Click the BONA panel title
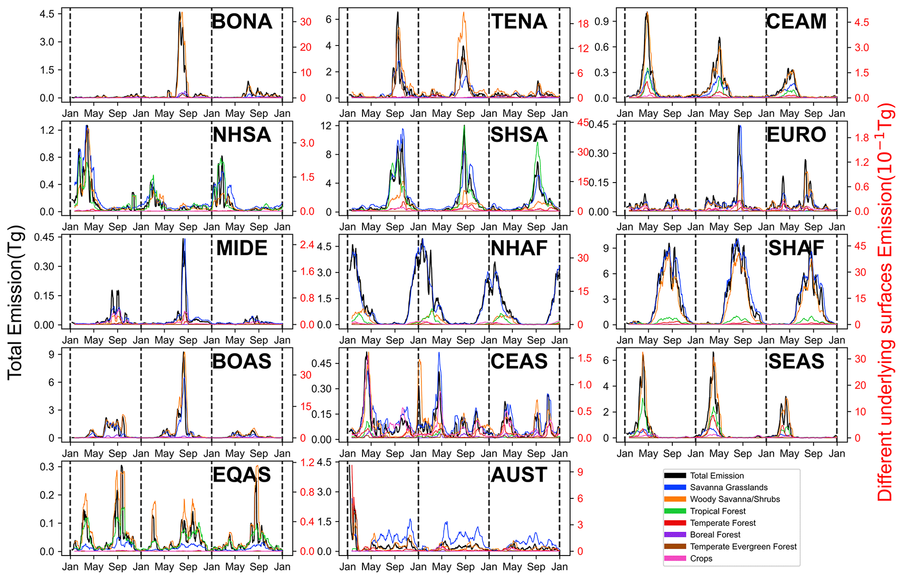[242, 21]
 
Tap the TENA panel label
[519, 21]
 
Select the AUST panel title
[519, 475]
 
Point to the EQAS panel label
[242, 475]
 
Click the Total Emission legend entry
[716, 476]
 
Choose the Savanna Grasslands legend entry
[728, 487]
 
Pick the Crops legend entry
[701, 559]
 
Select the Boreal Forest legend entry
[715, 535]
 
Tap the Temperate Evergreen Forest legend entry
[743, 546]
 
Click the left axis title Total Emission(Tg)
[15, 302]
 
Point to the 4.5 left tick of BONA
[47, 14]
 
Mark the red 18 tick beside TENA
[583, 24]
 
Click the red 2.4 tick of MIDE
[307, 245]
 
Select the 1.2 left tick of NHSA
[47, 130]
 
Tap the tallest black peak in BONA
[180, 13]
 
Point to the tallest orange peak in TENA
[464, 13]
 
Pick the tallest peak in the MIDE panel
[184, 239]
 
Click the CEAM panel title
[796, 21]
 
